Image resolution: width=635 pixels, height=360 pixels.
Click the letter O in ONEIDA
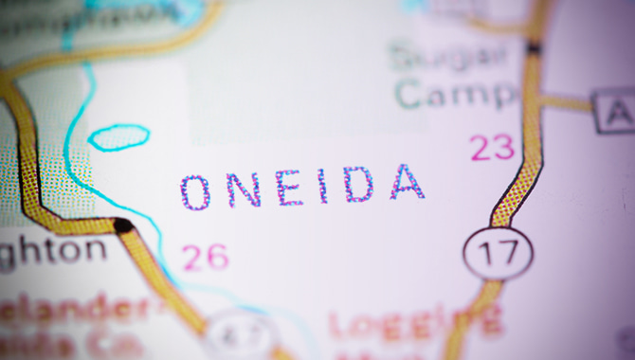(x=196, y=192)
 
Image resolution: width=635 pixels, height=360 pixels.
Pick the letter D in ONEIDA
(x=359, y=184)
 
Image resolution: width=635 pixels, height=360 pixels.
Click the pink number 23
(x=492, y=147)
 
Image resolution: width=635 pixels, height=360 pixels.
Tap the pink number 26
(x=206, y=257)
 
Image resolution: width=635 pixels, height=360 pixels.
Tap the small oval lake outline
(x=118, y=137)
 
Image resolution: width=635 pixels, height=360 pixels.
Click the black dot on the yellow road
(x=122, y=225)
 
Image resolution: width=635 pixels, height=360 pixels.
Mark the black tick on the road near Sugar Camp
(x=535, y=47)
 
